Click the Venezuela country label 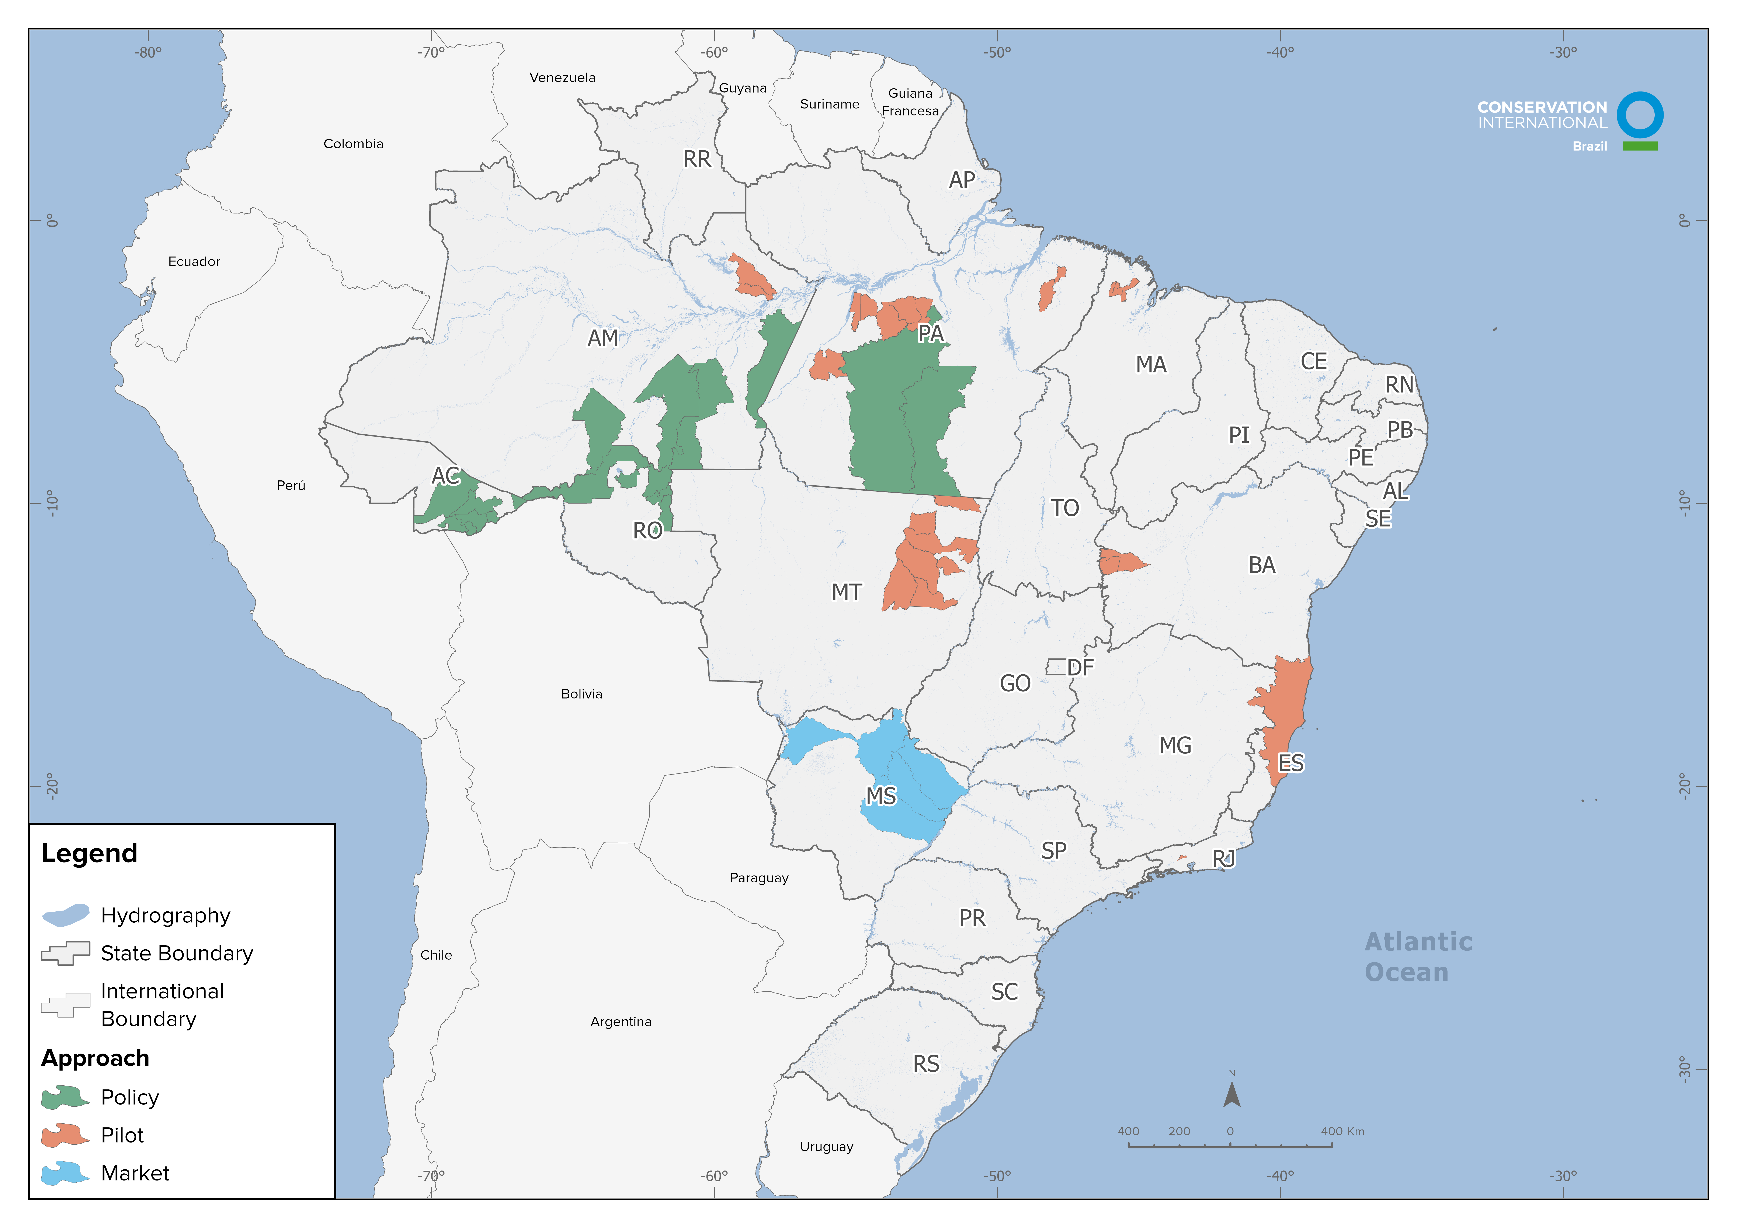562,78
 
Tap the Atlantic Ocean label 1418,957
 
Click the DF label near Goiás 1080,667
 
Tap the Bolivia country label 581,694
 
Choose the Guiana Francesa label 910,102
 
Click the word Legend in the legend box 89,853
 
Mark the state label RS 926,1064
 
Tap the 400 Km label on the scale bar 1342,1131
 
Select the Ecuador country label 194,262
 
